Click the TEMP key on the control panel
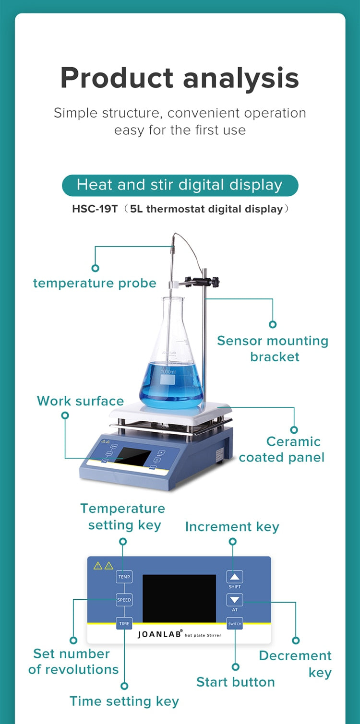pos(124,577)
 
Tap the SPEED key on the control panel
pos(124,600)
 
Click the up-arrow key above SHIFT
pos(235,577)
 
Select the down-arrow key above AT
pos(235,600)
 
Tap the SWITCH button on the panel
pos(235,623)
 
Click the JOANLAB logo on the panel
pos(160,634)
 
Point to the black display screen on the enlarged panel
pos(179,598)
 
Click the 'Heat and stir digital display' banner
pos(180,185)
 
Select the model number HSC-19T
pos(95,209)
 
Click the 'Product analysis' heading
pos(180,78)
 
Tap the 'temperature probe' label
pos(95,283)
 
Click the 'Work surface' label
pos(80,401)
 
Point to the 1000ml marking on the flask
pos(168,371)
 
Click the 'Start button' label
pos(235,682)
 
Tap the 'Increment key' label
pos(232,526)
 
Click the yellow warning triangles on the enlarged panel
pos(103,566)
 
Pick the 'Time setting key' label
pos(124,701)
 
